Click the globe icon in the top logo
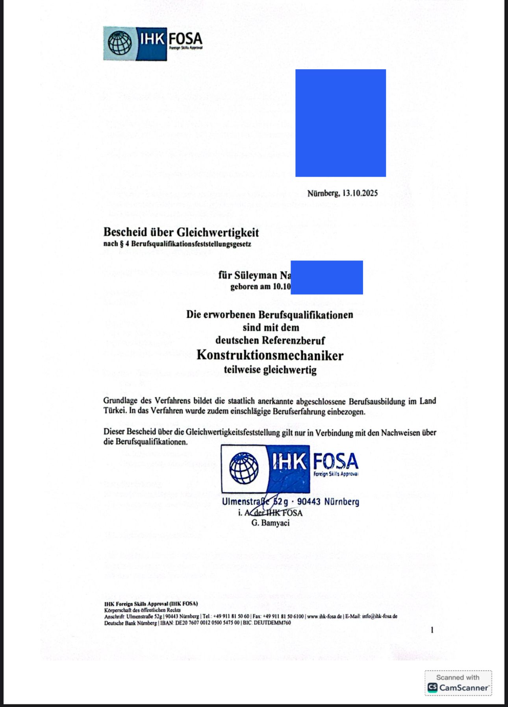tap(120, 43)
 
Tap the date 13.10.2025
tap(360, 193)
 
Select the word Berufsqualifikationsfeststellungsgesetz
tap(191, 244)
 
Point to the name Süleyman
tap(256, 275)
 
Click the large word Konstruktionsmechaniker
tap(270, 355)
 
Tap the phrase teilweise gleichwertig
tap(270, 370)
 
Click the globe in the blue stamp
tap(244, 468)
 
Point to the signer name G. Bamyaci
tap(270, 523)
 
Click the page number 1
tap(432, 630)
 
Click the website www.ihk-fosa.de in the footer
tap(325, 617)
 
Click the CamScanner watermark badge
tap(458, 683)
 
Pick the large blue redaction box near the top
tap(341, 123)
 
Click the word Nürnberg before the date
tap(323, 193)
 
